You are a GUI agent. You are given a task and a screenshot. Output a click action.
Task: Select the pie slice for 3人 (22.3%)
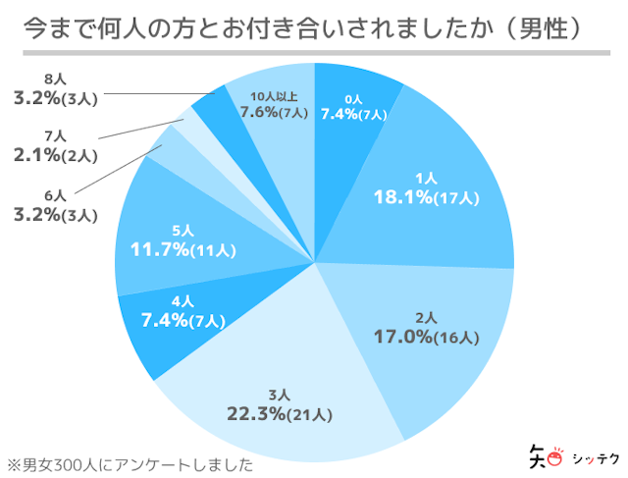coord(285,393)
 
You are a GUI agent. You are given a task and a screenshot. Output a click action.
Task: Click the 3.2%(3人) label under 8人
coord(55,98)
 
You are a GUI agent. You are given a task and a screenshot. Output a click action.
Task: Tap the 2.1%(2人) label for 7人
coord(55,154)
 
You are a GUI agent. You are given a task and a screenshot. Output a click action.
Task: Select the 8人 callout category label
coord(55,80)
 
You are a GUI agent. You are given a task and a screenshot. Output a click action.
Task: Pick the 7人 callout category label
coord(55,135)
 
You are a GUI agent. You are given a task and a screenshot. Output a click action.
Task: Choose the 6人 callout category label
coord(55,193)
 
